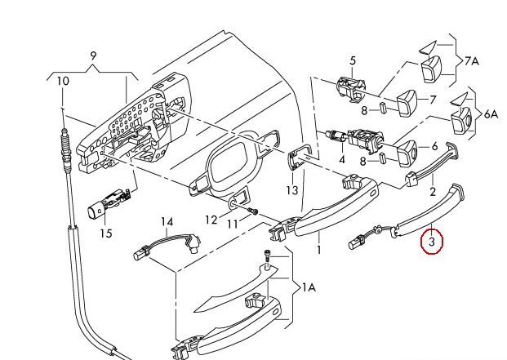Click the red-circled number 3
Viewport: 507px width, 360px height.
[x=432, y=242]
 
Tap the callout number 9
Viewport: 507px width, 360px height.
[x=93, y=56]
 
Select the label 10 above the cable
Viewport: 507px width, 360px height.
[x=63, y=81]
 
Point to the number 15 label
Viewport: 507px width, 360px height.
[x=106, y=233]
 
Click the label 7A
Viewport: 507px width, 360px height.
[x=471, y=60]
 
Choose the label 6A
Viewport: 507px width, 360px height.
[x=491, y=113]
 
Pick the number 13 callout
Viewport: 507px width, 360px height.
[x=291, y=190]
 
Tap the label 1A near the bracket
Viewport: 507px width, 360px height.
[x=309, y=287]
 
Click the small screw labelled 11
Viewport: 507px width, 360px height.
[x=253, y=211]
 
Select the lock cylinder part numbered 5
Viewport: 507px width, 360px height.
[x=351, y=87]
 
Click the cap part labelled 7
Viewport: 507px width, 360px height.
[x=407, y=102]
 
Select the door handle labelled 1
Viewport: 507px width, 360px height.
[x=327, y=207]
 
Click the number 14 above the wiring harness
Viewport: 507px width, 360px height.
[x=167, y=222]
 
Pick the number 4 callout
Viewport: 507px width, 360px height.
[x=342, y=159]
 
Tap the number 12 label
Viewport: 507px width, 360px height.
[x=211, y=220]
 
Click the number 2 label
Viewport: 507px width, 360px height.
[x=433, y=192]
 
